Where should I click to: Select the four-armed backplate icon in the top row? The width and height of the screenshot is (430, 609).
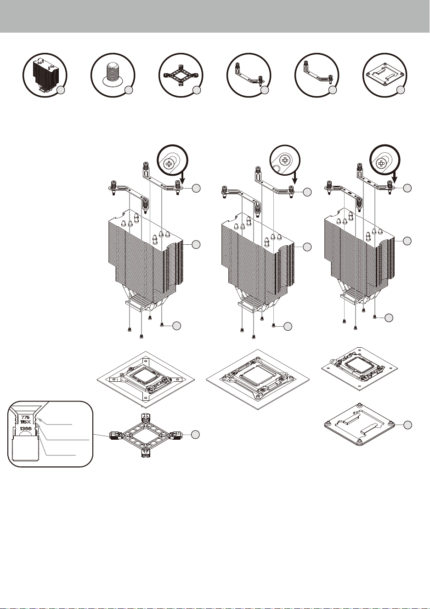181,75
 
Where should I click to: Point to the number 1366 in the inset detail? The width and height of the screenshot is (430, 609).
26,429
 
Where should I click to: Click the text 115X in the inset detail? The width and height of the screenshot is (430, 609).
25,422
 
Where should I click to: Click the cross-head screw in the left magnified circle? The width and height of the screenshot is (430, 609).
168,164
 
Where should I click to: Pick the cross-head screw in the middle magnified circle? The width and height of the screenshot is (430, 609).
284,160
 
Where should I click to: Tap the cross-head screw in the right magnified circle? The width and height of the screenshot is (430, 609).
381,163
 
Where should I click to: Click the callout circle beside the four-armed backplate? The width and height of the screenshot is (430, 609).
195,435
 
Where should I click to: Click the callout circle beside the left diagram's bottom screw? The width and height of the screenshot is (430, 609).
177,326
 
